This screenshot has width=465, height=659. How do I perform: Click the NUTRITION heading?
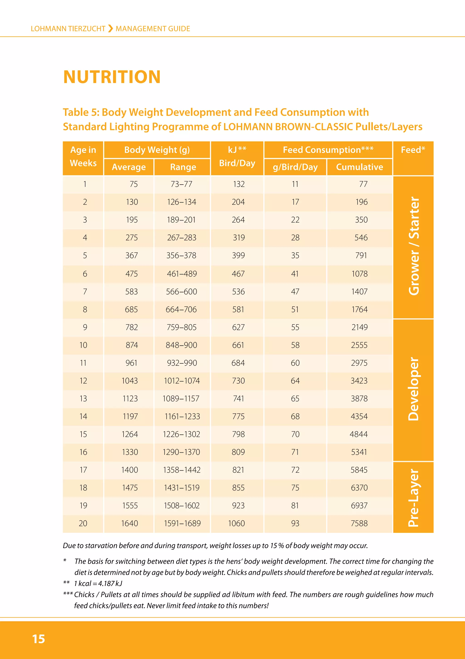coord(112,77)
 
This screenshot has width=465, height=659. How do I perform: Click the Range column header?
coord(183,167)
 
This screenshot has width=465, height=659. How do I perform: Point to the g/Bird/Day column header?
coord(295,167)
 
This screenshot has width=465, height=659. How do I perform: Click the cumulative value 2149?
coord(359,327)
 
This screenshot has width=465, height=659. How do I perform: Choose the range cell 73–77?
coord(181,184)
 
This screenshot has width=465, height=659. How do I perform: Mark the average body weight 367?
coord(132,255)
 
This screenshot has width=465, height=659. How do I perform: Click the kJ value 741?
coord(239,398)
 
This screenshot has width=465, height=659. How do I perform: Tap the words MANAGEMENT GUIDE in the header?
coord(153,29)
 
